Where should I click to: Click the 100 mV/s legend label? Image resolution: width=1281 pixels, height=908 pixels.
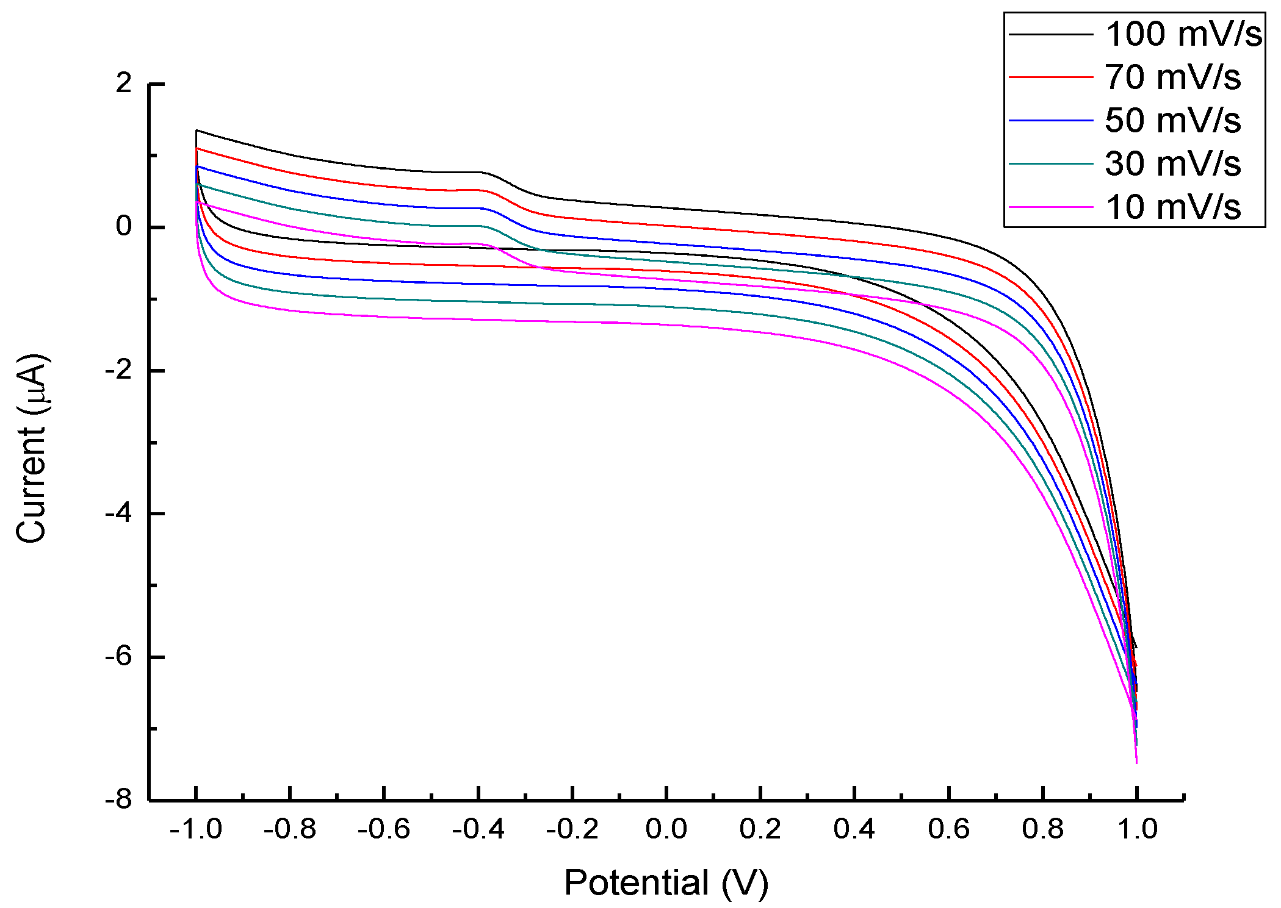click(x=1183, y=34)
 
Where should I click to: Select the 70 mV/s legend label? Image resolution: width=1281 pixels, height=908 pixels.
click(x=1172, y=77)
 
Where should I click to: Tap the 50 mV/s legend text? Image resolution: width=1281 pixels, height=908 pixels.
click(x=1172, y=121)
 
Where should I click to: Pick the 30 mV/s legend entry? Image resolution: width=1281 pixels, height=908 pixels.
click(x=1172, y=164)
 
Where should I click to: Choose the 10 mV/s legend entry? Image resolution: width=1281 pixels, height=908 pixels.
click(x=1172, y=207)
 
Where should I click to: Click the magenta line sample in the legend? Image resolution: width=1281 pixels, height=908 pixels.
click(x=1050, y=207)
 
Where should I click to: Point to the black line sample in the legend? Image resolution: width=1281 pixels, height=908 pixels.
click(x=1050, y=34)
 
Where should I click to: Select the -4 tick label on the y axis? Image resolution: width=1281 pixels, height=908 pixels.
click(x=119, y=513)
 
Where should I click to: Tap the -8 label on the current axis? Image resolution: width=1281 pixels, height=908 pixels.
click(x=119, y=799)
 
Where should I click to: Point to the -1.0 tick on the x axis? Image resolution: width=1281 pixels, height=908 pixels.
click(x=196, y=829)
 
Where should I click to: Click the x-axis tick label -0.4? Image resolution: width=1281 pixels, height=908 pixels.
click(x=478, y=829)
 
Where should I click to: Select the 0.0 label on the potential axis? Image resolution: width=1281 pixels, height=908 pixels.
click(x=666, y=829)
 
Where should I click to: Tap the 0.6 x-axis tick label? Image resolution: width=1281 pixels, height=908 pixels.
click(x=948, y=829)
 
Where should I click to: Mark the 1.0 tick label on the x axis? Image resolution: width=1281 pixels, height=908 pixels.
click(x=1136, y=829)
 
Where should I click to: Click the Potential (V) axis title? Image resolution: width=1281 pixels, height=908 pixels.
click(x=666, y=882)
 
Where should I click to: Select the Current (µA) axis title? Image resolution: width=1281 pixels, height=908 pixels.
click(x=32, y=448)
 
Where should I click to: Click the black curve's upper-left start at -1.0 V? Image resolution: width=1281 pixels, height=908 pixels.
click(x=197, y=130)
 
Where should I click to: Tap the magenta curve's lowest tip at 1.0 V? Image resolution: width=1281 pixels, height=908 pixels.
click(x=1136, y=762)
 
